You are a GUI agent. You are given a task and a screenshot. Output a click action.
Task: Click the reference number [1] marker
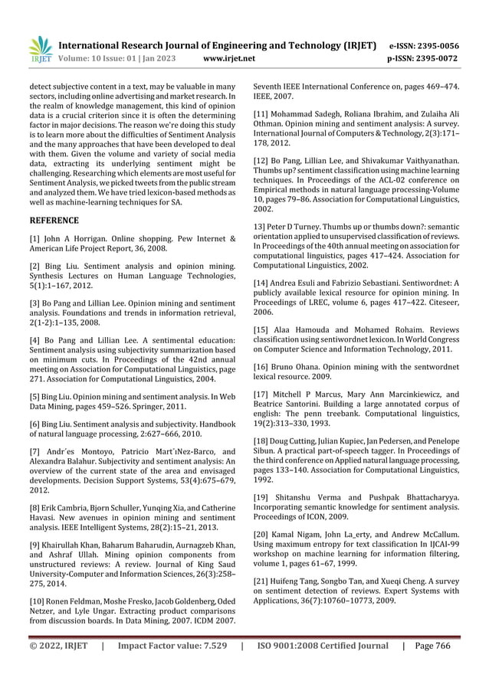35,240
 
